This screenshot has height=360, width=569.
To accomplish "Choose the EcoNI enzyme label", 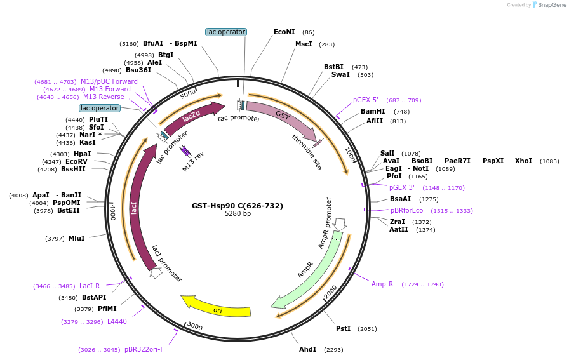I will point(284,32).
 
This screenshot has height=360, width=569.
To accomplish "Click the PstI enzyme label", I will point(343,328).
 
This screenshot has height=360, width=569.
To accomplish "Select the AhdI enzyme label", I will point(307,349).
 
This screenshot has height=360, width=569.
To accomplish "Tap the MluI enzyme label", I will point(76,238).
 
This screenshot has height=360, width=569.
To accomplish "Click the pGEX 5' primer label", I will point(366,100).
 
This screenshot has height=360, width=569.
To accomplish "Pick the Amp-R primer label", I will point(382,284).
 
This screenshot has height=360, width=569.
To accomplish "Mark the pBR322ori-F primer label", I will point(144,349).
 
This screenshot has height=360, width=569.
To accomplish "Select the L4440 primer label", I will point(117,321).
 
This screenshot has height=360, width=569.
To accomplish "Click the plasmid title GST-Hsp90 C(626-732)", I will point(238,206).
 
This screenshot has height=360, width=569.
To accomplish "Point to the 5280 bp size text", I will point(238,214).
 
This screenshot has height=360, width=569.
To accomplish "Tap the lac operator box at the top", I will point(226,32).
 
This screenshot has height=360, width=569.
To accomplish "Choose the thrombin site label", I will point(307,152).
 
